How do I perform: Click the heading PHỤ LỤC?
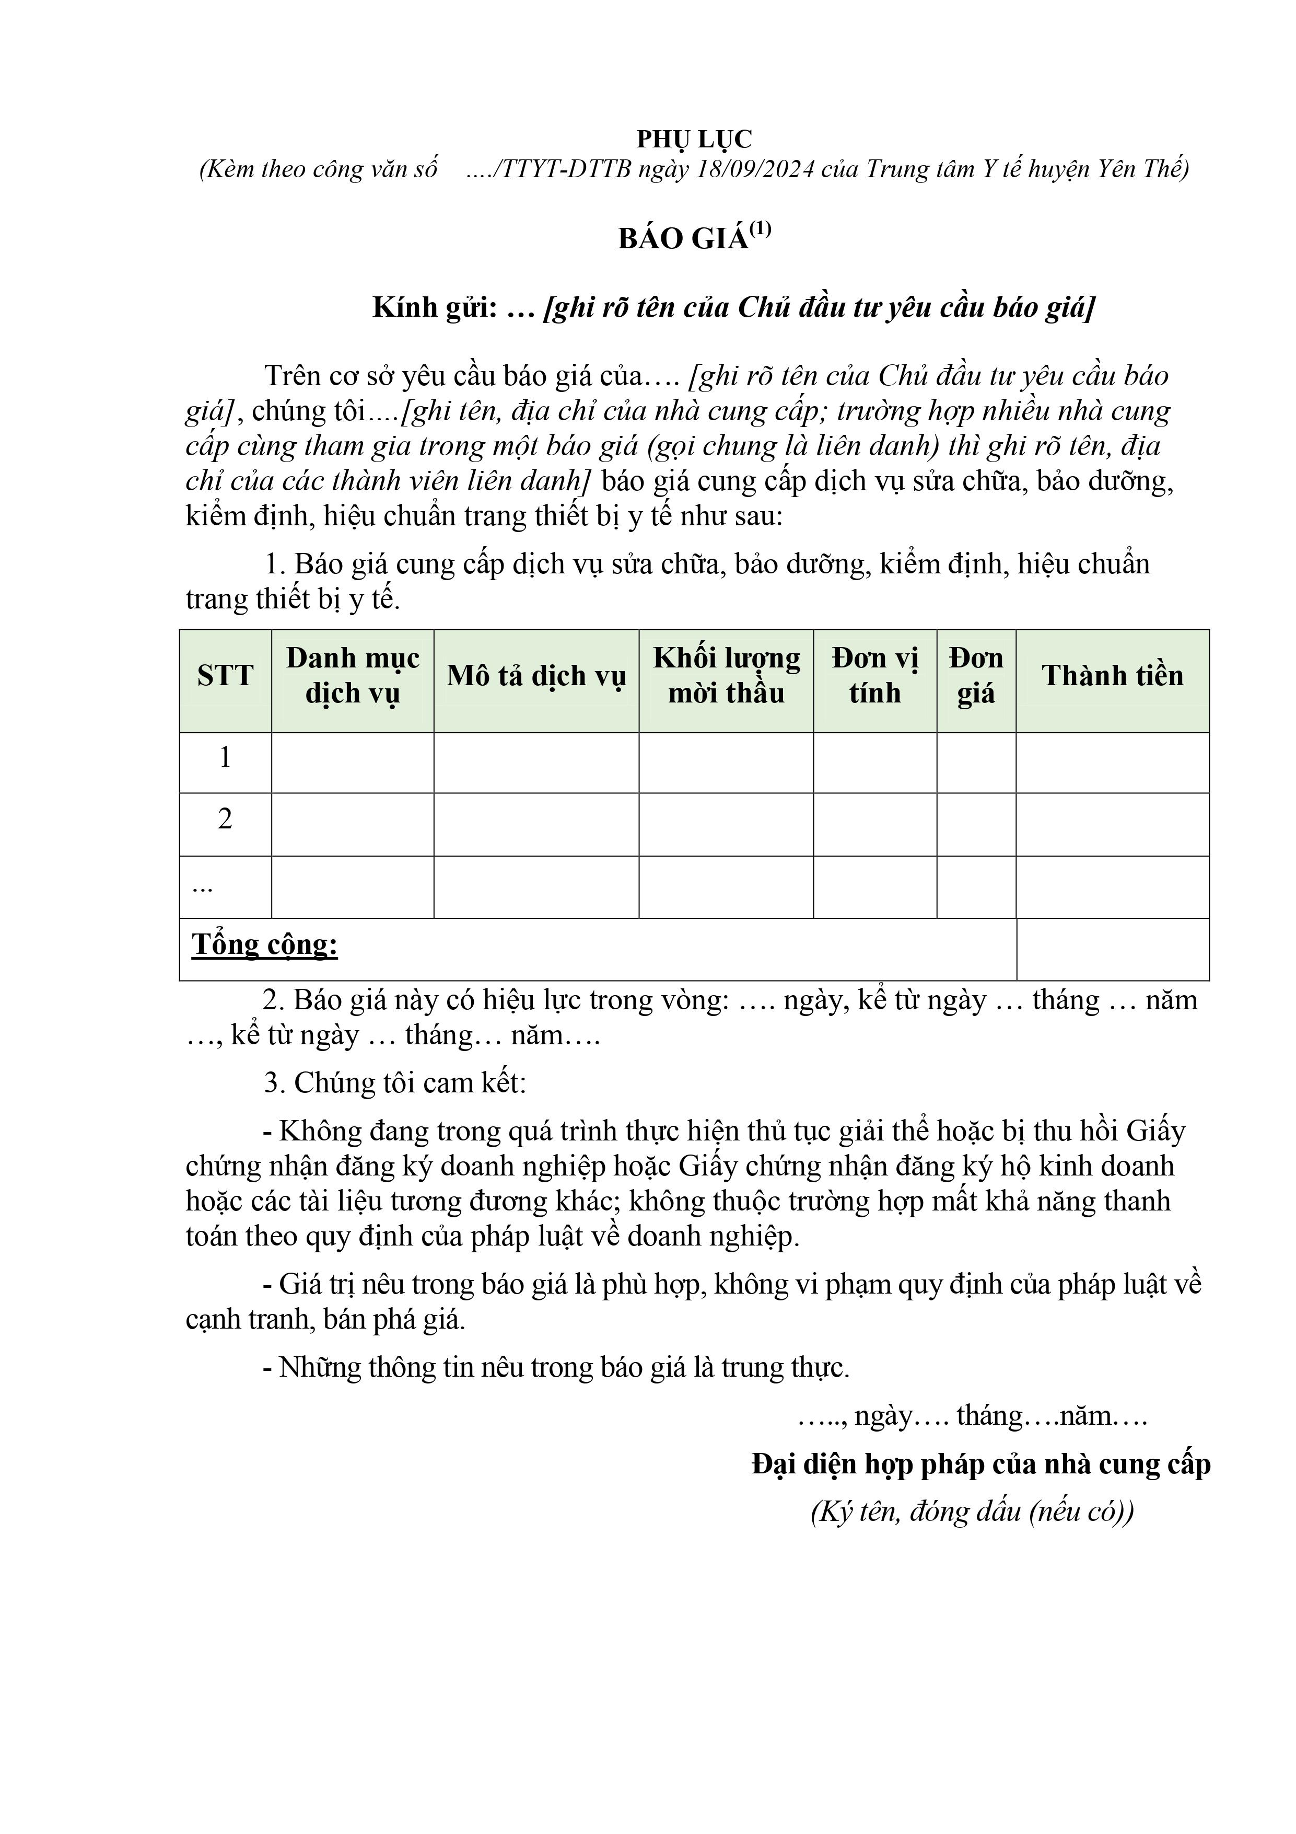pos(694,140)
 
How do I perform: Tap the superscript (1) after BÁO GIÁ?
pos(760,230)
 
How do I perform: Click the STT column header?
pos(225,676)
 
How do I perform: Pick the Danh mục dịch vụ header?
pos(353,676)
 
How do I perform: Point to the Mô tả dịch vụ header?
pos(536,676)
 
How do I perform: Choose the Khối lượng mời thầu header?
pos(726,676)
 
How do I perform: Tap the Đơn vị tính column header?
pos(874,676)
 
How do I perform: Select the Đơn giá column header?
pos(976,676)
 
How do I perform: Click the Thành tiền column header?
pos(1112,676)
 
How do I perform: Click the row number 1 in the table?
pos(225,757)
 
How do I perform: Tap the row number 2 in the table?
pos(225,820)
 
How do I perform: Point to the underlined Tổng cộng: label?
pos(264,945)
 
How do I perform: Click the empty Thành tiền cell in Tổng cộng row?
pos(1112,949)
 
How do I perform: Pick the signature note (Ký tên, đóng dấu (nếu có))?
pos(972,1512)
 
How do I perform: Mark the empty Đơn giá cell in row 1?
pos(976,763)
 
